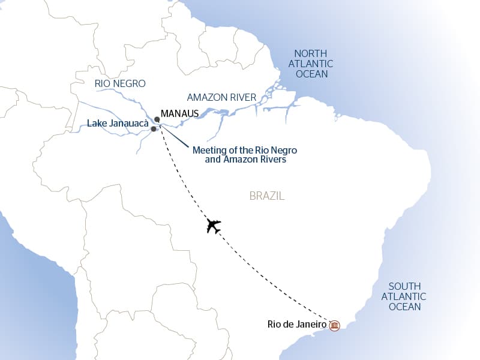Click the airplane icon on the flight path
point(214,226)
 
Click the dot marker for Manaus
point(157,119)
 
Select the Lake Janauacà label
point(118,124)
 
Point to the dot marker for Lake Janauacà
point(154,129)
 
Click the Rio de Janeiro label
point(296,325)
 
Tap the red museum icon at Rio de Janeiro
point(335,326)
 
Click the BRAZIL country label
point(266,196)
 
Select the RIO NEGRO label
point(120,84)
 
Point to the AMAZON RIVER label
point(221,97)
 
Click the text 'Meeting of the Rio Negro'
point(245,150)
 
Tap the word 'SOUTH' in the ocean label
point(404,286)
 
